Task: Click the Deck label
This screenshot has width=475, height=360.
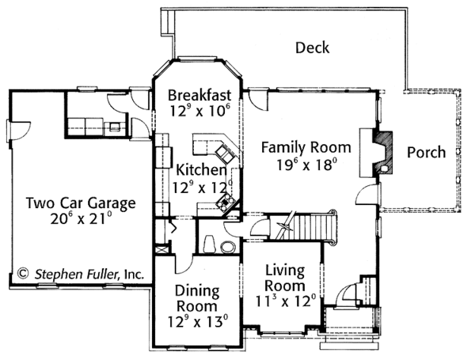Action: [313, 47]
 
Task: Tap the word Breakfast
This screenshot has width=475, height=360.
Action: [199, 95]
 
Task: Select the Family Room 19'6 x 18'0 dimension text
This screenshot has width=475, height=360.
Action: [306, 165]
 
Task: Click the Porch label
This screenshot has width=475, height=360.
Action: [426, 152]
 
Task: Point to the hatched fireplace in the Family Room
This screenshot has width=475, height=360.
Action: [384, 153]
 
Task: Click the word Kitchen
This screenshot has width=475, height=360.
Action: [201, 170]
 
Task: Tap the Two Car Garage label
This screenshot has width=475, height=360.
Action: [81, 203]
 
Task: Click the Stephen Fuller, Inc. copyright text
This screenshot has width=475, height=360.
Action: [81, 274]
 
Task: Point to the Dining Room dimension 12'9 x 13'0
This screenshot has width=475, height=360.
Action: [197, 322]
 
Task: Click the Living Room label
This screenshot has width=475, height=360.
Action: [285, 279]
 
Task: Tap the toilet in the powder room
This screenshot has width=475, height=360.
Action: [210, 244]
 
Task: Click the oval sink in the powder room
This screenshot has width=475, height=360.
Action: [227, 247]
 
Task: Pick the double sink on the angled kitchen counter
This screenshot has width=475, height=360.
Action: [225, 153]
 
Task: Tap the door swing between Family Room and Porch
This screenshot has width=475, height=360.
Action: [367, 194]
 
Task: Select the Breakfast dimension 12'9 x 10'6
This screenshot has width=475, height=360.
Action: [199, 111]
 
